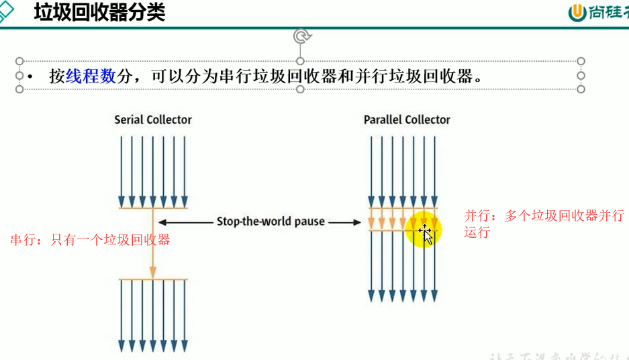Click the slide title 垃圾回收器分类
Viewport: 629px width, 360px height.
click(x=99, y=12)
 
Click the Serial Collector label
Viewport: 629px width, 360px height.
click(x=153, y=120)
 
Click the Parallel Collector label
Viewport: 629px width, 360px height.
click(x=407, y=120)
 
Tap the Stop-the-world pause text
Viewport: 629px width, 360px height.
click(x=270, y=221)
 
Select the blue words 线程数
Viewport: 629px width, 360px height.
click(x=91, y=76)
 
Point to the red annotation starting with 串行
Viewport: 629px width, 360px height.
click(x=90, y=240)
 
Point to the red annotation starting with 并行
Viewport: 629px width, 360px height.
click(x=544, y=224)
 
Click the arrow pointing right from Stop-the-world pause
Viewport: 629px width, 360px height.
click(x=345, y=222)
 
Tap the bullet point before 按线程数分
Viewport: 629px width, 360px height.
click(x=31, y=76)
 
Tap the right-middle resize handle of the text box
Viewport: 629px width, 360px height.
click(x=581, y=75)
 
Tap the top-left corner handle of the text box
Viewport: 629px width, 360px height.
click(x=19, y=61)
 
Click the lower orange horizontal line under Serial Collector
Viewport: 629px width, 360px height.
click(x=153, y=279)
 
